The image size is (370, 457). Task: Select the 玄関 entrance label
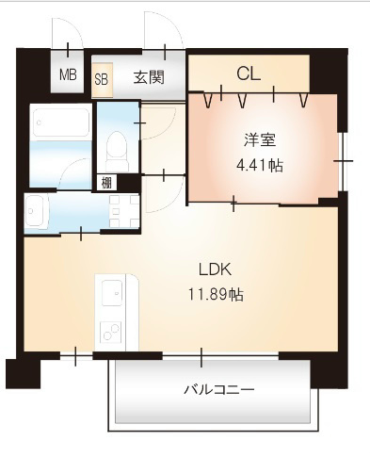tap(149, 77)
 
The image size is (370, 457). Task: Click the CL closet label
tap(249, 73)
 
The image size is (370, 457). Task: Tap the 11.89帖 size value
tap(216, 294)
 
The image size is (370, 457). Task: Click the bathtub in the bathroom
tap(60, 122)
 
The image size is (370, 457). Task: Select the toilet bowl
tap(116, 148)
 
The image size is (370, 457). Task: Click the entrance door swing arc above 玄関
tap(156, 33)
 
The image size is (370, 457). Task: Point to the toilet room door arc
tap(155, 122)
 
